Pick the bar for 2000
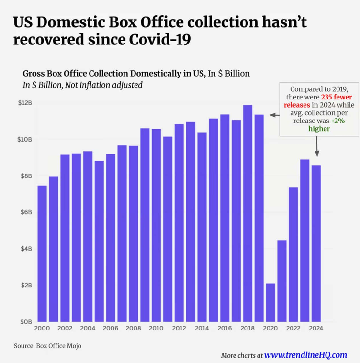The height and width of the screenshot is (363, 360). pyautogui.click(x=42, y=253)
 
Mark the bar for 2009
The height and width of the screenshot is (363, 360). pyautogui.click(x=145, y=225)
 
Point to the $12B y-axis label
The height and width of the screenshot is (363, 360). pyautogui.click(x=25, y=103)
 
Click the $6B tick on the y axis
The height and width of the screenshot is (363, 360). pyautogui.click(x=25, y=212)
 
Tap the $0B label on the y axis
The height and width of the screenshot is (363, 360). pyautogui.click(x=25, y=322)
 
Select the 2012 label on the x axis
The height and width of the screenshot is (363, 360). pyautogui.click(x=179, y=329)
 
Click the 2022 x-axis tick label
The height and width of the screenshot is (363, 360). pyautogui.click(x=293, y=329)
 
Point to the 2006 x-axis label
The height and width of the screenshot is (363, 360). pyautogui.click(x=111, y=329)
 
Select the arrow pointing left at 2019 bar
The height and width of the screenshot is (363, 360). pyautogui.click(x=273, y=115)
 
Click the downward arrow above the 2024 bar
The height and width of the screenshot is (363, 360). pyautogui.click(x=317, y=148)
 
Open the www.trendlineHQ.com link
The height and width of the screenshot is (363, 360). pyautogui.click(x=305, y=355)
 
